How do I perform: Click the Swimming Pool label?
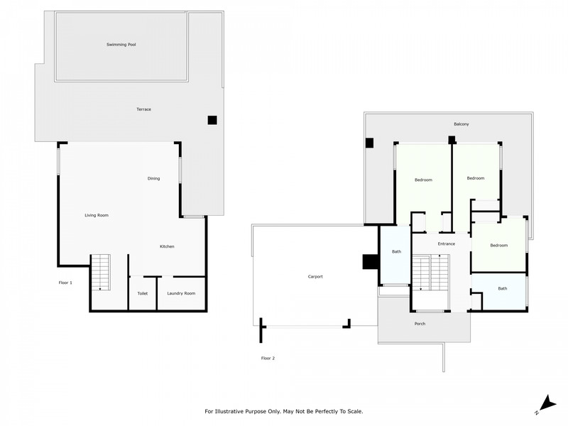[121, 45]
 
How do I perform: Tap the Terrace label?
[144, 109]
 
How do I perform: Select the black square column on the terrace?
[212, 120]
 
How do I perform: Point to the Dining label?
[153, 178]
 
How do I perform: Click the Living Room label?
[97, 215]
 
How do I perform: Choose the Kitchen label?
[167, 246]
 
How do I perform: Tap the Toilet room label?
[143, 293]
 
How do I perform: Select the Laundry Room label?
[181, 293]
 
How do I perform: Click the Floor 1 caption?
[65, 283]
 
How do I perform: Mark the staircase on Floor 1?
[100, 272]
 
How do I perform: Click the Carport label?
[315, 276]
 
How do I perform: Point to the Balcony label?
[461, 124]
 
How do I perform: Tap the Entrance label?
[447, 244]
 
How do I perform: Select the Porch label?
[420, 324]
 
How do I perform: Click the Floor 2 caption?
[268, 358]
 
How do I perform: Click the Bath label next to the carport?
[396, 251]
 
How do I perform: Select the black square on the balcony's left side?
[369, 143]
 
